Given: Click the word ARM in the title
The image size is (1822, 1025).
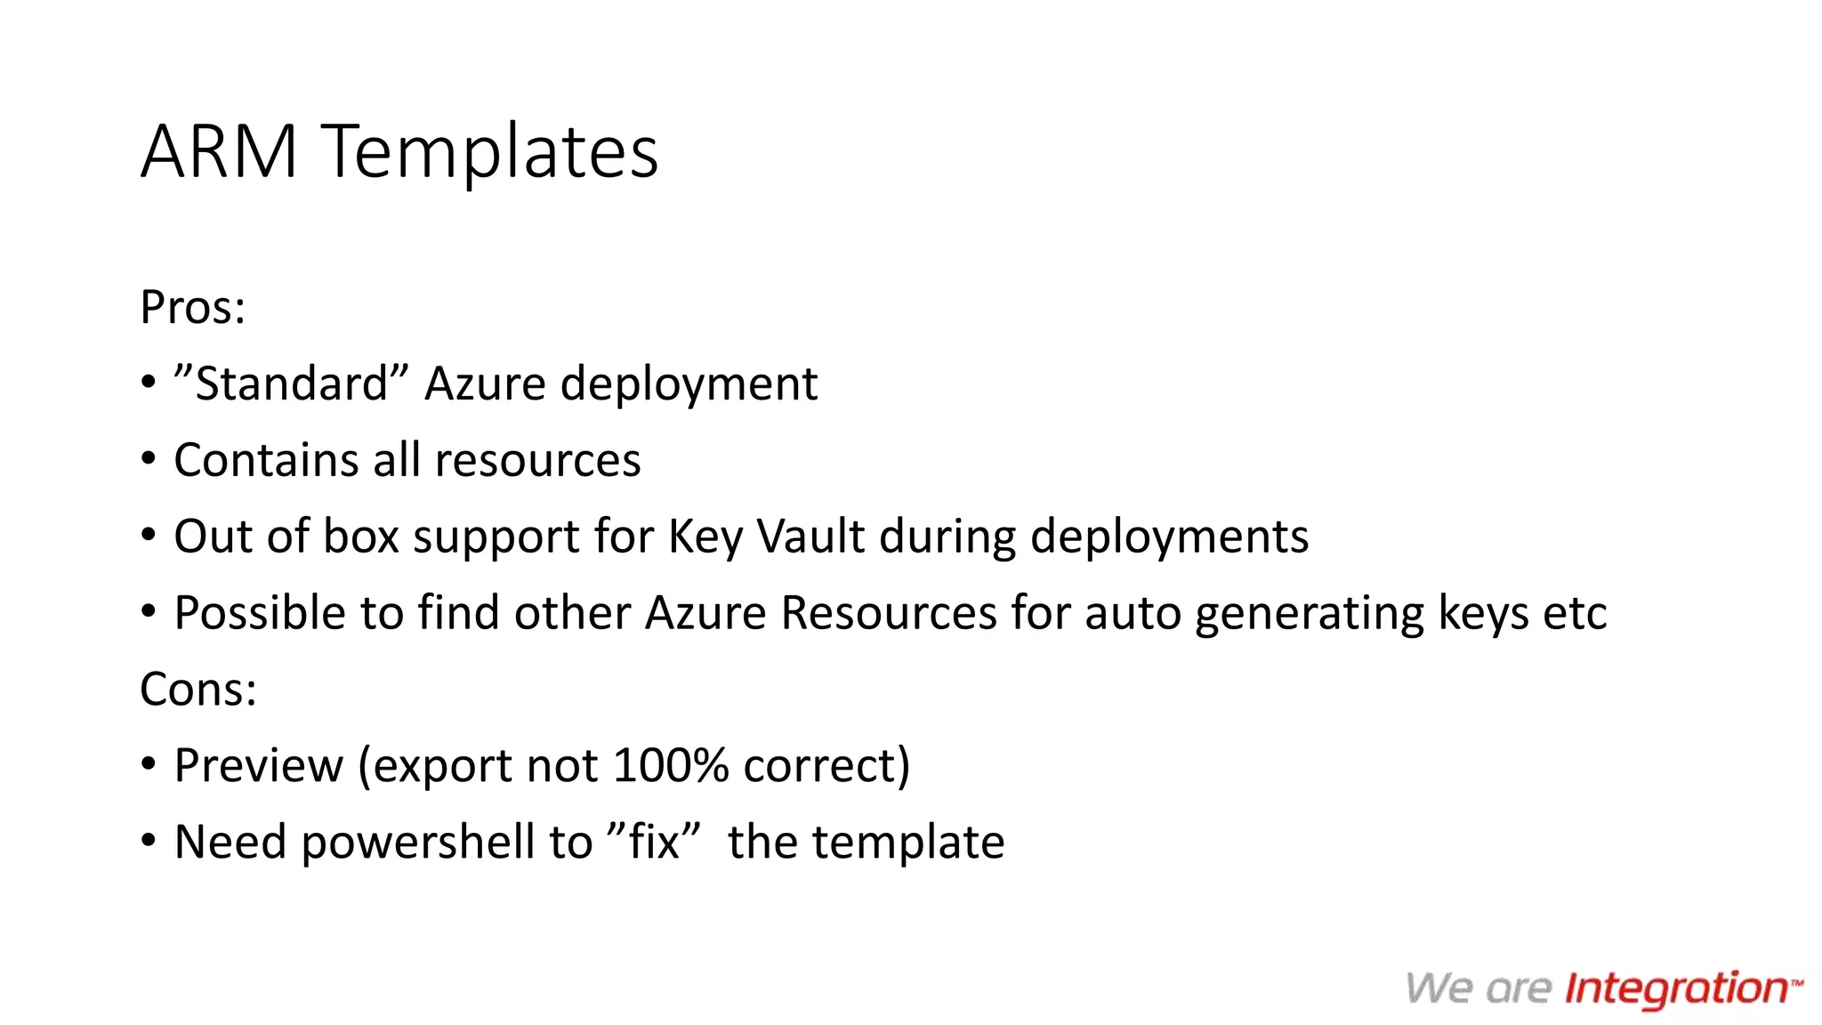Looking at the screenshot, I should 219,151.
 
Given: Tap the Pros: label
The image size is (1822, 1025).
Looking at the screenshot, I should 192,308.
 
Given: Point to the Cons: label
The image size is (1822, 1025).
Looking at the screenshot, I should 198,690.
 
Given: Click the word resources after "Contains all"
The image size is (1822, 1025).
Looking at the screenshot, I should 537,461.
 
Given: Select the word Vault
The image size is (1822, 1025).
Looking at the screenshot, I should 810,537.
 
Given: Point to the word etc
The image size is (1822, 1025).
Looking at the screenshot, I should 1575,613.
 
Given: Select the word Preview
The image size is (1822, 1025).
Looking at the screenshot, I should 258,766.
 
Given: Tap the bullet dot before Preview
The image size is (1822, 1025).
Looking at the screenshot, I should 149,765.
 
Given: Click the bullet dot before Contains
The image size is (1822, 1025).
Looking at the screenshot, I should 149,460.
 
